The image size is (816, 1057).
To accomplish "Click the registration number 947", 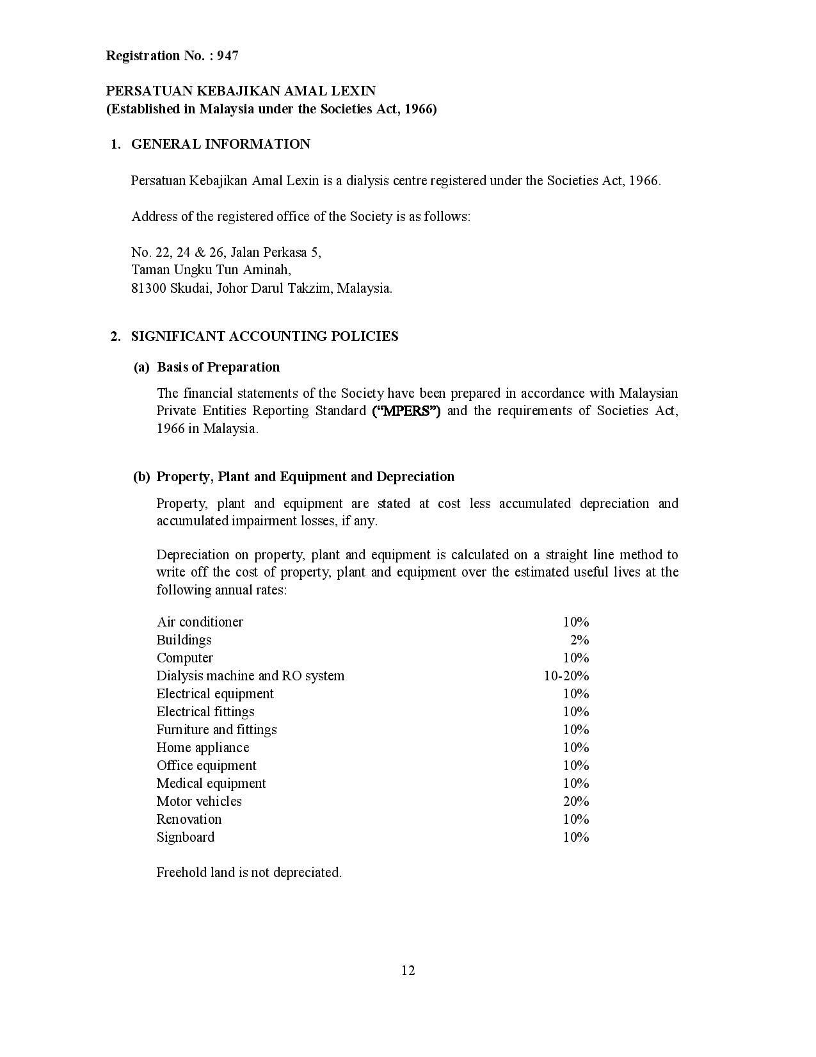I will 228,56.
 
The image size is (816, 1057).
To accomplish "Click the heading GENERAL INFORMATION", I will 220,144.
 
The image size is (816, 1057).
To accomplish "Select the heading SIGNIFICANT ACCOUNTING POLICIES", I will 264,336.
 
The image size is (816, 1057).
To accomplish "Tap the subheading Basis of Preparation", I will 218,367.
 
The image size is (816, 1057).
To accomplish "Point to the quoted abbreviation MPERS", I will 406,411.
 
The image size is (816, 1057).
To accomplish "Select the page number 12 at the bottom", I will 408,971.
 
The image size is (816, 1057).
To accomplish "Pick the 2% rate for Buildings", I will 579,640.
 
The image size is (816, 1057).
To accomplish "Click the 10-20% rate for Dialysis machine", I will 566,676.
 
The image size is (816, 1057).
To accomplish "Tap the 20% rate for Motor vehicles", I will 576,801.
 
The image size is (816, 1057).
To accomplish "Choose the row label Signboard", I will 186,837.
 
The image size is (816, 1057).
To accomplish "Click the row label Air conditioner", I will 200,622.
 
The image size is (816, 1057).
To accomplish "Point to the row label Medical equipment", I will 211,783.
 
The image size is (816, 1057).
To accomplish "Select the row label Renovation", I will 189,819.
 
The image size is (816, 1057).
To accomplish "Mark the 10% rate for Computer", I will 576,658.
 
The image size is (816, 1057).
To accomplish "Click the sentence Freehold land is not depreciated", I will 249,873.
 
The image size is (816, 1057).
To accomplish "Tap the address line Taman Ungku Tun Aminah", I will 211,270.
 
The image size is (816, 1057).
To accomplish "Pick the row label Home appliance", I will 203,748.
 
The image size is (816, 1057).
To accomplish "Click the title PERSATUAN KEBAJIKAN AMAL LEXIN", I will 241,91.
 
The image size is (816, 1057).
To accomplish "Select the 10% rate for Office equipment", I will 576,766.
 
